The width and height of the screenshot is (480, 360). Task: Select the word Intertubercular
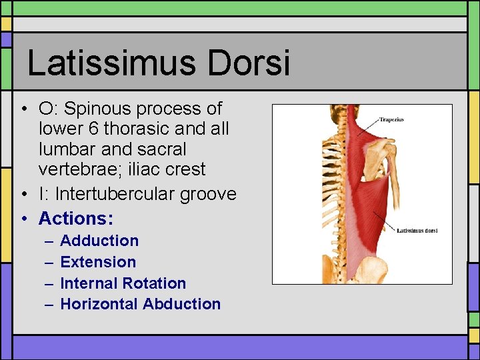tap(108, 194)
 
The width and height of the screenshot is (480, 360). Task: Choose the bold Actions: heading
tap(76, 218)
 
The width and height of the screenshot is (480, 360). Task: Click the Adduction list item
tap(99, 241)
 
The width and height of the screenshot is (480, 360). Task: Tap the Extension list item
tap(98, 262)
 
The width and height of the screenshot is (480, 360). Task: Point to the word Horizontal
tap(99, 304)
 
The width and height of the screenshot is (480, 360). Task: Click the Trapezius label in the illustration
tap(391, 121)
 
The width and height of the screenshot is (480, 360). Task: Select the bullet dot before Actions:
tap(23, 219)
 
